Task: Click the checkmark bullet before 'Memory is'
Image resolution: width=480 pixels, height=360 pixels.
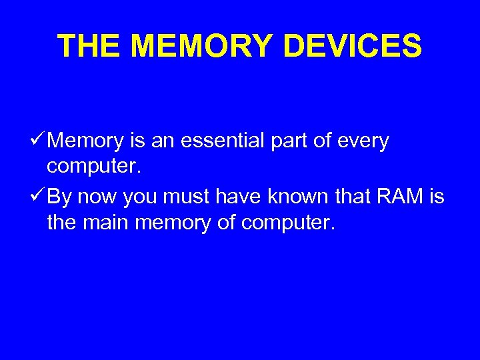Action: [38, 141]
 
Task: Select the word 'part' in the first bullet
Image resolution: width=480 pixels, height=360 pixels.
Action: [301, 142]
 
